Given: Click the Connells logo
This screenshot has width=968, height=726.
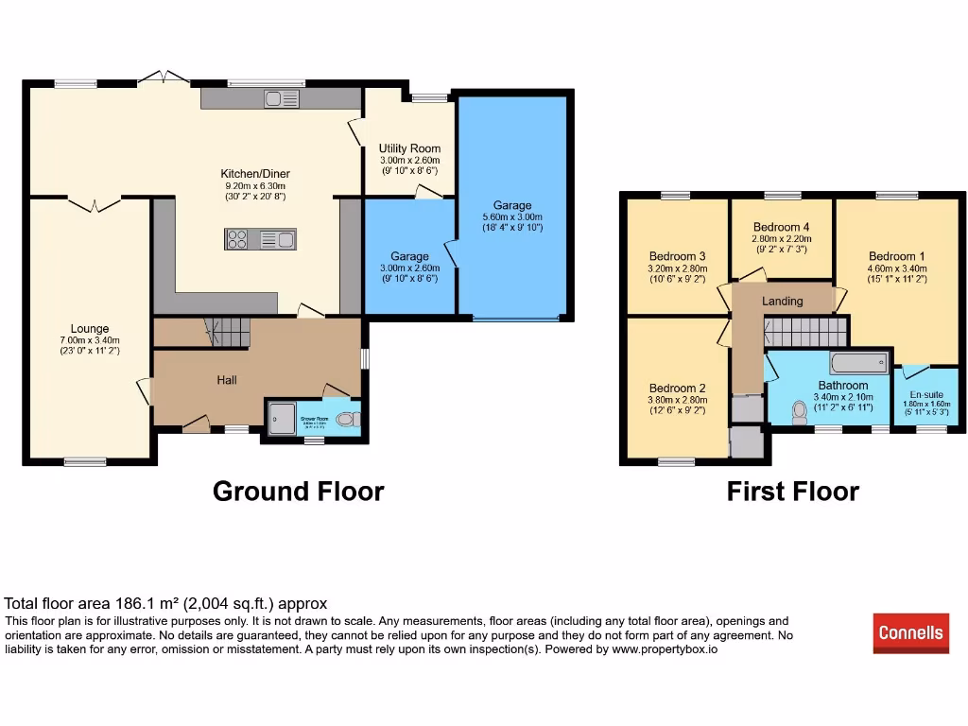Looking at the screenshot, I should (x=910, y=632).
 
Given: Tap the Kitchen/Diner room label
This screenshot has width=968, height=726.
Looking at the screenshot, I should (x=255, y=174).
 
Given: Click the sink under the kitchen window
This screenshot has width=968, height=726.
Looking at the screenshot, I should (x=282, y=98).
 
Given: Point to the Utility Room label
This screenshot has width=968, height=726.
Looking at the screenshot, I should (x=409, y=148).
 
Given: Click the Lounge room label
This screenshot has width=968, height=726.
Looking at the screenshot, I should (x=89, y=329).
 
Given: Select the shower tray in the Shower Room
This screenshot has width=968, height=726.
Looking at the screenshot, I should (x=282, y=418).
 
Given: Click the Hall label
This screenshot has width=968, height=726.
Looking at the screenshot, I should (x=227, y=380).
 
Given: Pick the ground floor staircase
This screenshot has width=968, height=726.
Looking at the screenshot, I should (x=230, y=332).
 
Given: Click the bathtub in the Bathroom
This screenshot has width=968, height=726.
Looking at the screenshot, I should (x=857, y=362).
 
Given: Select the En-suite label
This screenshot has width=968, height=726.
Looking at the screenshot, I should (x=925, y=395).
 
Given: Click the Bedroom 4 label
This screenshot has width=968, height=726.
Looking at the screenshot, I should (x=781, y=227).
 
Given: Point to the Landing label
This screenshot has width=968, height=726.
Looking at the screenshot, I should (x=782, y=302).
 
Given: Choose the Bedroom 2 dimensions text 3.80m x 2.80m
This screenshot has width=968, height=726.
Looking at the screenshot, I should (x=677, y=399).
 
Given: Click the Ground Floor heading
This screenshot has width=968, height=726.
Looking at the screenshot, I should (x=298, y=492).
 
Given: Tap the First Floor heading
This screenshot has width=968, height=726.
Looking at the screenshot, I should (x=792, y=492).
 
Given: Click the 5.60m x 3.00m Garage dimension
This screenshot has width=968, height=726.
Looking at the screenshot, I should (x=511, y=216).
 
